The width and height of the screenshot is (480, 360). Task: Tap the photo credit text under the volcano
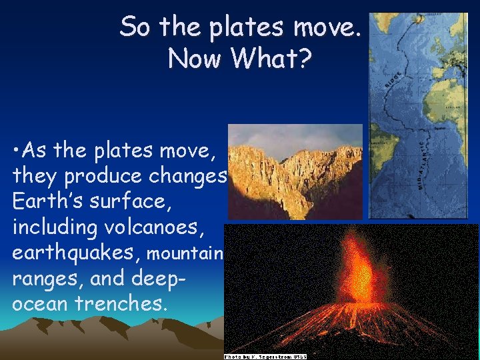point(265,357)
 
